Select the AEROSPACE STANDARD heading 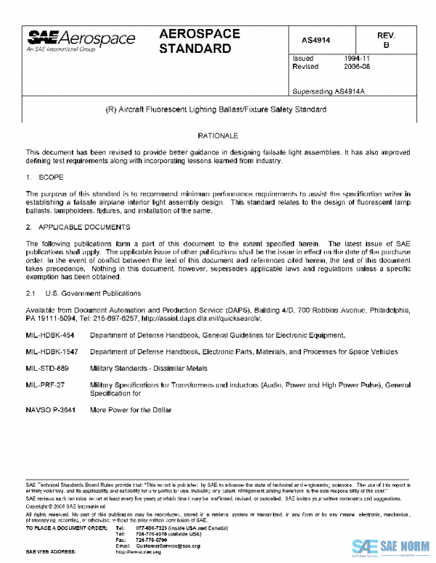pos(195,42)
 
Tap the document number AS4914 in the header pos(317,40)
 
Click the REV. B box pos(386,40)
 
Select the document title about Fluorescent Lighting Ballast pos(217,110)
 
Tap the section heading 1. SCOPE pos(45,177)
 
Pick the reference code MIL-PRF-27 pos(45,383)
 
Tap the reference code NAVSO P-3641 pos(49,410)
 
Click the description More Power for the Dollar pos(131,410)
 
